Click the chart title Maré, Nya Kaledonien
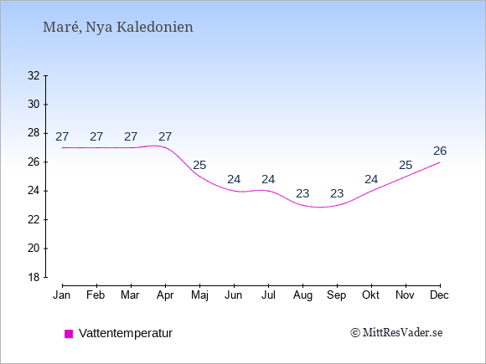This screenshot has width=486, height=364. [118, 27]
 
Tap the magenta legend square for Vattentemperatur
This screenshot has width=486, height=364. [69, 334]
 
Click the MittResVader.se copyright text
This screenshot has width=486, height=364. [396, 333]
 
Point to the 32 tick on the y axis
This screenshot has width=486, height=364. [34, 75]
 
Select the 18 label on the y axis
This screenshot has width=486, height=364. [34, 277]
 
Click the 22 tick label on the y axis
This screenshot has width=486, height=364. [34, 219]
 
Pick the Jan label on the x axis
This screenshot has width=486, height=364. [62, 295]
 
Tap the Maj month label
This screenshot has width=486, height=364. [199, 295]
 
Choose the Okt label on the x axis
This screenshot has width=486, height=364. [370, 295]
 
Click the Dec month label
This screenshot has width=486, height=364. [440, 295]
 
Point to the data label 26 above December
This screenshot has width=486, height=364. [440, 151]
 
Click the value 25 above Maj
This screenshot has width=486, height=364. [199, 166]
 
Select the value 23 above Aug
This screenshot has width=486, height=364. [302, 194]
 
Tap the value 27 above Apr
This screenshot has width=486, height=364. [165, 136]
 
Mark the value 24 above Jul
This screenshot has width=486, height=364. [268, 180]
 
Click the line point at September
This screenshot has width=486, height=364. [337, 205]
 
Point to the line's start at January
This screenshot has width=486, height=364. [63, 147]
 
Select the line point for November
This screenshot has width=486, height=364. [406, 177]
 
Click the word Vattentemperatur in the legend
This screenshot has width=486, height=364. [126, 333]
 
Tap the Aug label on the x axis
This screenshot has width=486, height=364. [302, 295]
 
